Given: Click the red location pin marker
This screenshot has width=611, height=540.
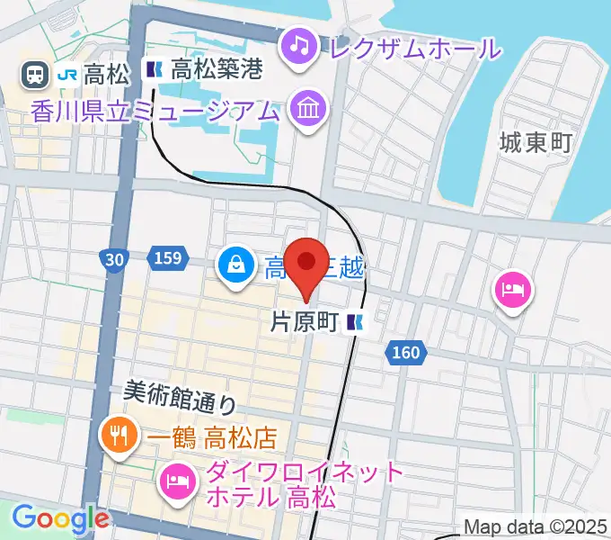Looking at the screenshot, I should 306,263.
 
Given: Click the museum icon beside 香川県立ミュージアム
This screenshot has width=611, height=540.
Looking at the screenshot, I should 308,110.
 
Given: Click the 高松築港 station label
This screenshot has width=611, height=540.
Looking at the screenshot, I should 216,69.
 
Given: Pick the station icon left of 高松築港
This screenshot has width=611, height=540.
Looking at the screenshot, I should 154,69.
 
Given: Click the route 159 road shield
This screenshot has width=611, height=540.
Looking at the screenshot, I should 165,259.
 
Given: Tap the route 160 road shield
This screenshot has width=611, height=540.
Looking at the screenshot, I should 405,353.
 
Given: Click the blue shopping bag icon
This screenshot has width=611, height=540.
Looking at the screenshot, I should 235,265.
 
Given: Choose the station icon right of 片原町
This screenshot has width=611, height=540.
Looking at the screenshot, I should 357,323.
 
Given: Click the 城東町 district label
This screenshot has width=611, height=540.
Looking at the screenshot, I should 536,141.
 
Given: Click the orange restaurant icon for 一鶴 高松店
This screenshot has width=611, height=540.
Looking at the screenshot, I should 119,437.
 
